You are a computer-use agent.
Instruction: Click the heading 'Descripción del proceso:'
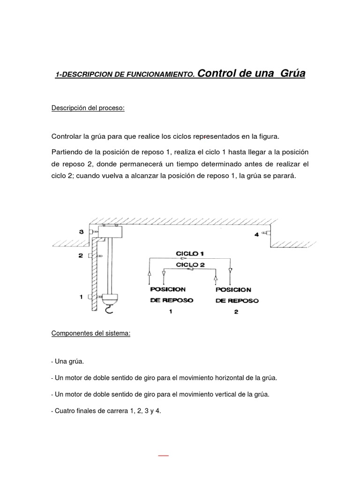[88, 109]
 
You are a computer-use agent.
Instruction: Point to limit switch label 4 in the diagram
[256, 234]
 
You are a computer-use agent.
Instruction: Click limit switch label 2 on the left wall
[81, 255]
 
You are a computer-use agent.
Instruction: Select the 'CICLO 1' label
[189, 253]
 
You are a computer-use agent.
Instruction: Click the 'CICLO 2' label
[189, 264]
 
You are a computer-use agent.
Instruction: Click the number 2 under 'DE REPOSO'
[236, 312]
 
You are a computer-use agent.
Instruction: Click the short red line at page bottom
[163, 455]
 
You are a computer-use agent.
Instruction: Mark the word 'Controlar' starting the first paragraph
[66, 136]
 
